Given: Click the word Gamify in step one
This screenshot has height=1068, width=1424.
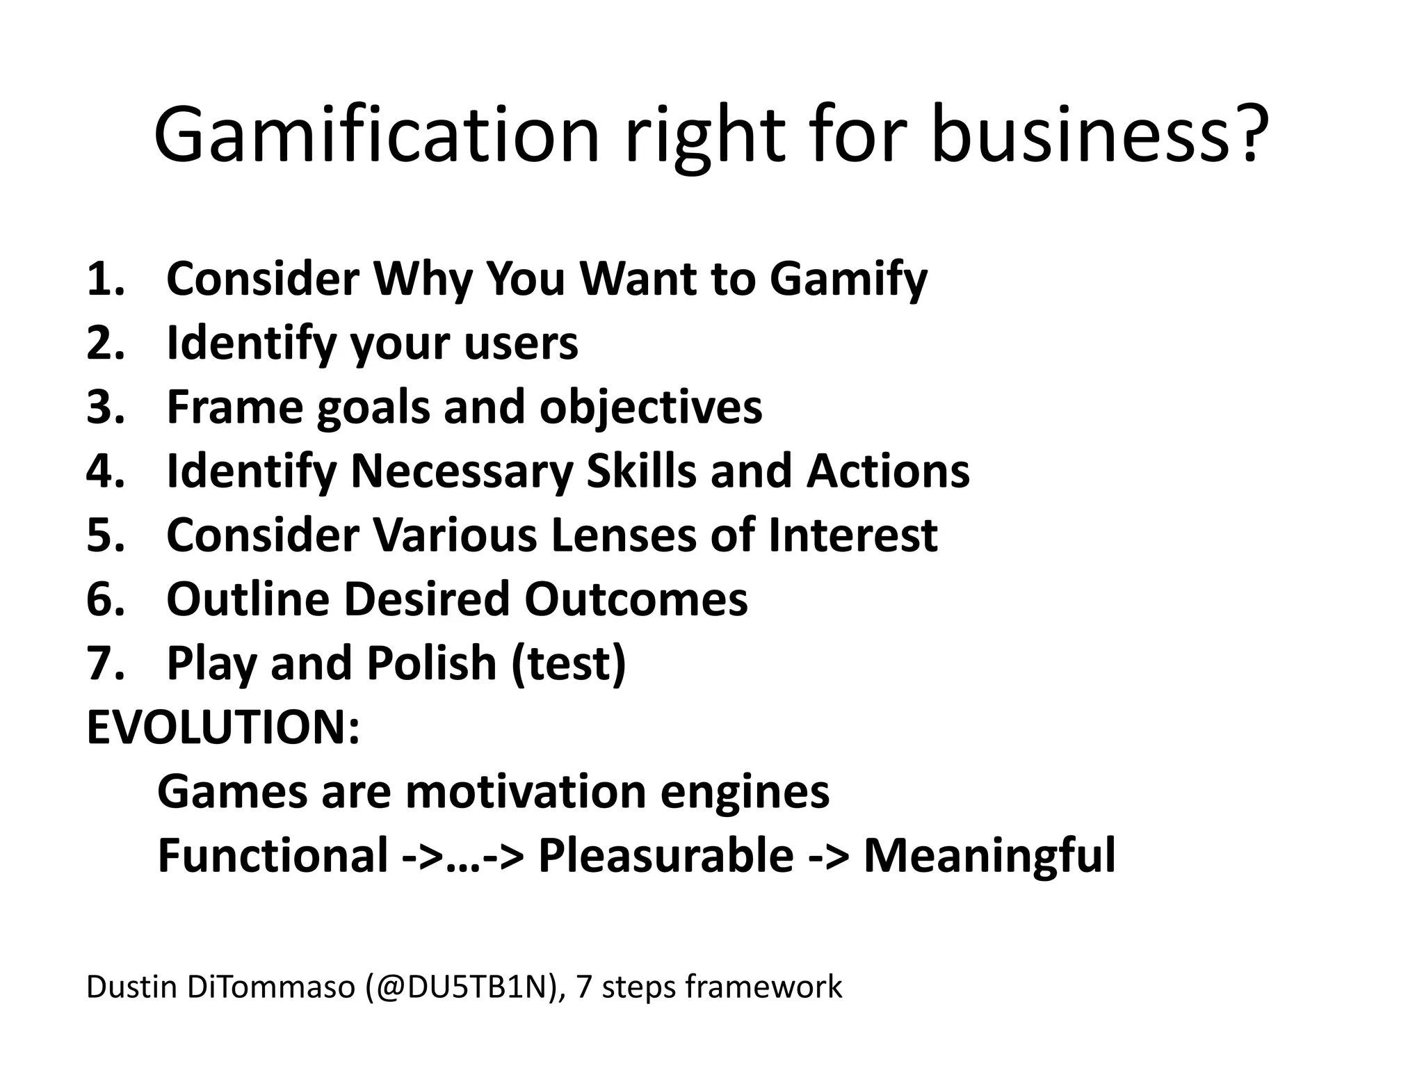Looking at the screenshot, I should [x=848, y=280].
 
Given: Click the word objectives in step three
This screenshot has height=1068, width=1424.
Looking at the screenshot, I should [x=651, y=408].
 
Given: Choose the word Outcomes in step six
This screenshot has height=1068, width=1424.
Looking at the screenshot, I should [x=636, y=599].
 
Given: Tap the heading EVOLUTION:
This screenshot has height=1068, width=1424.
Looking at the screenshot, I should [x=223, y=727].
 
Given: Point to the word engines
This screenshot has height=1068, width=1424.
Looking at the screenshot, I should [x=745, y=793].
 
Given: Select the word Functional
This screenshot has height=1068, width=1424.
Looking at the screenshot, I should [x=273, y=855].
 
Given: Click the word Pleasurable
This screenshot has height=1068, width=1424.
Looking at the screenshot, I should [x=665, y=855].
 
